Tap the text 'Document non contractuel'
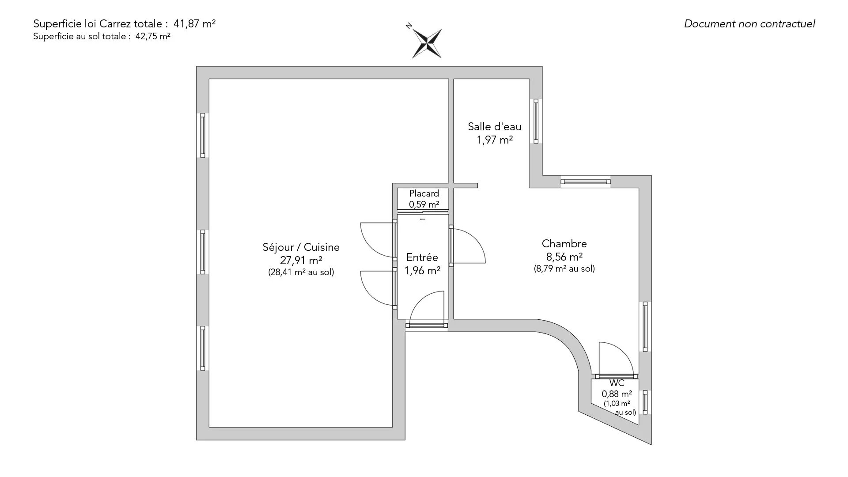(749, 24)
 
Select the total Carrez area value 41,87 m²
(197, 24)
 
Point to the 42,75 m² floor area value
(153, 37)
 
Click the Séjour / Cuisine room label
(301, 247)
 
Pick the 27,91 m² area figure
(301, 260)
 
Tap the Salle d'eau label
(494, 127)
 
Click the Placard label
(424, 193)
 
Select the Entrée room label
(422, 257)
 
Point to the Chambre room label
(564, 244)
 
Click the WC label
(617, 383)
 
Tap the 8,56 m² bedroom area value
(564, 257)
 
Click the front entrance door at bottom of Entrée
(426, 325)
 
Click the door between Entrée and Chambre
(451, 246)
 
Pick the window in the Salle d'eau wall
(536, 121)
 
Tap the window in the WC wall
(645, 402)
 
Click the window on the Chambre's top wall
(585, 181)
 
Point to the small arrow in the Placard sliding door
(423, 219)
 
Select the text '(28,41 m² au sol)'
(301, 273)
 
